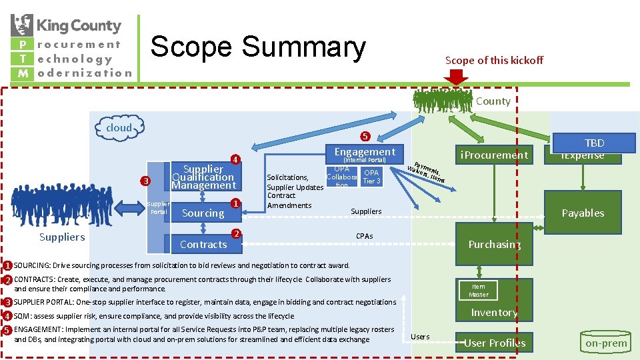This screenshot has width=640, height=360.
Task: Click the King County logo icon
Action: [22, 25]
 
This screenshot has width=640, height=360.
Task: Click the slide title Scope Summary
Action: [258, 47]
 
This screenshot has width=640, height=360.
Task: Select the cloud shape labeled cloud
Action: [119, 127]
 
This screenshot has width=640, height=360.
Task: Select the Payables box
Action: [583, 213]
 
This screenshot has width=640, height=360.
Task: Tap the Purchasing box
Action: [494, 244]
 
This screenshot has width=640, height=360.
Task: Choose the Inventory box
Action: [494, 312]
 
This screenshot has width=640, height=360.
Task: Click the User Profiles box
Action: [494, 343]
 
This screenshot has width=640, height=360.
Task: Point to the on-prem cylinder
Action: [606, 342]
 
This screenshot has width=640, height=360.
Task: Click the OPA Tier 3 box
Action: [371, 177]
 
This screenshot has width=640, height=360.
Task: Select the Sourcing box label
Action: [203, 213]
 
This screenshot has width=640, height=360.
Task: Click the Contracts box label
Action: [203, 244]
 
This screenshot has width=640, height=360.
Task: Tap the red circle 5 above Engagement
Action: [364, 137]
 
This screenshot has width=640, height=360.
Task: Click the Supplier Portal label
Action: [159, 207]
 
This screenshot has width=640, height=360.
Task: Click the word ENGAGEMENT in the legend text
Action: [37, 329]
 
